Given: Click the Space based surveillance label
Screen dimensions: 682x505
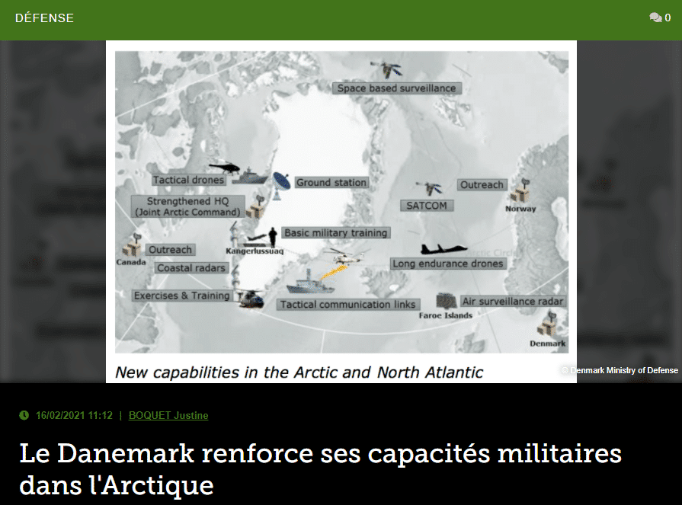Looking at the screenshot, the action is pos(397,88).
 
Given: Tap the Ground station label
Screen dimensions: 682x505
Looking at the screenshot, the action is pos(331,183).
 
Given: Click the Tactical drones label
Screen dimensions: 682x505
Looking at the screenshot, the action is pos(189,180).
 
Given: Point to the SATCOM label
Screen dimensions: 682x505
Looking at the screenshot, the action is pos(427,206).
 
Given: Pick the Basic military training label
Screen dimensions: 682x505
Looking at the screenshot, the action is pos(336,233).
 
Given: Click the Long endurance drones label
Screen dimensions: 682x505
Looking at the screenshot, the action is pos(448,264).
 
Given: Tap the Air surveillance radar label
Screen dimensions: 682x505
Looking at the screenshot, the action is pos(513,301).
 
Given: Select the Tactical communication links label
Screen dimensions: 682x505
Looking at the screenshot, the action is pos(348,304).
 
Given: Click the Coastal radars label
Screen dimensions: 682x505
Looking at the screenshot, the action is pos(191,267).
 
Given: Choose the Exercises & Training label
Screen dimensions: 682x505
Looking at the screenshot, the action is pos(182,296).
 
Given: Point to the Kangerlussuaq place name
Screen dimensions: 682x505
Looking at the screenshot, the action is pos(255,251).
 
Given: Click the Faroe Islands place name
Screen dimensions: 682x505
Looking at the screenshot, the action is pos(445,315).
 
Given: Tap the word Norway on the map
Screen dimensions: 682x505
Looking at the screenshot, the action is pos(520,209).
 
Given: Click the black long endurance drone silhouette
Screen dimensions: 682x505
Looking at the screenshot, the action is pos(443,248).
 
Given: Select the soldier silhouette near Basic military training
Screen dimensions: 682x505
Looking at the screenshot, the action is pos(273,238).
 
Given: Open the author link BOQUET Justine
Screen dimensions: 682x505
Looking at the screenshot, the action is pos(168,415).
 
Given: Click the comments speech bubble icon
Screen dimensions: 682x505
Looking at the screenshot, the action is pos(655,18).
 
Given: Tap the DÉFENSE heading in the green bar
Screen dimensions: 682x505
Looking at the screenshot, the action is pos(44,18).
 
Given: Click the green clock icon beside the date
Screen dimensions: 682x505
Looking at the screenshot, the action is pos(24,415).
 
